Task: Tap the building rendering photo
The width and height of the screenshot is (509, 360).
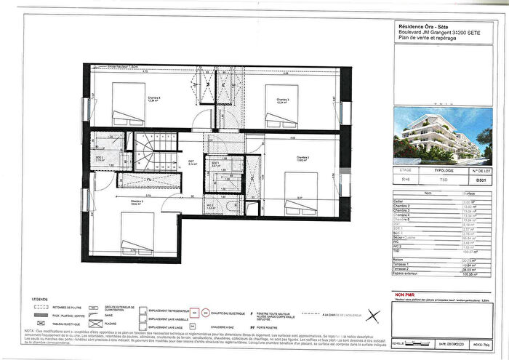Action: point(436,142)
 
